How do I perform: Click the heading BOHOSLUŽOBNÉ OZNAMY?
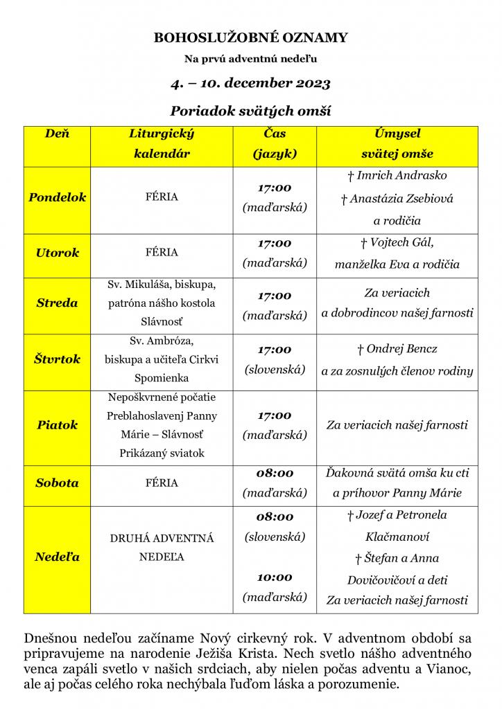(251, 38)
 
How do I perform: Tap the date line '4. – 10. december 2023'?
(251, 84)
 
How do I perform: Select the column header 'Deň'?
(58, 134)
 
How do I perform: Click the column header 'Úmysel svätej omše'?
(397, 143)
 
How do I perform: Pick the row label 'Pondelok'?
(58, 197)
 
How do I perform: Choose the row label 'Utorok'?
(58, 253)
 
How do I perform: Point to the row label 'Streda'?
(58, 303)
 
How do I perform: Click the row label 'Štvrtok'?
(58, 359)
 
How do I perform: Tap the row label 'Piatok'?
(58, 424)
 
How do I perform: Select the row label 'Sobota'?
(58, 483)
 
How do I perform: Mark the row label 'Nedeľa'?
(58, 557)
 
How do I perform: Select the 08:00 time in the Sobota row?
(275, 474)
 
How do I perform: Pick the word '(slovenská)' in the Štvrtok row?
(275, 370)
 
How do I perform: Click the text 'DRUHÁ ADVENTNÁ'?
(162, 538)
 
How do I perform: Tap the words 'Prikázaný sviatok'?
(162, 454)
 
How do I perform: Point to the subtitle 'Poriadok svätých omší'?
(251, 111)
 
